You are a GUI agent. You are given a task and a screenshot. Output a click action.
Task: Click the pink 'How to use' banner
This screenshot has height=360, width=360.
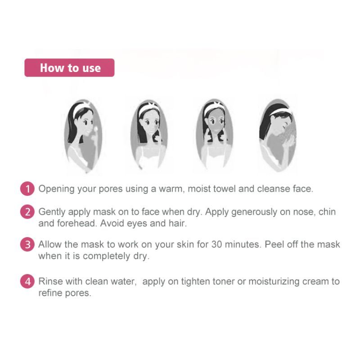[69, 67]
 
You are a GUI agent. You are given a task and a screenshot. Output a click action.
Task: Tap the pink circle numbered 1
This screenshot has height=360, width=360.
[27, 189]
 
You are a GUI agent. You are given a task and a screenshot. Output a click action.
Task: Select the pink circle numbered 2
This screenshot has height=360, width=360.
[27, 211]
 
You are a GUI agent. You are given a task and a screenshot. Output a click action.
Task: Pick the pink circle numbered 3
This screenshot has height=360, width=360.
[27, 244]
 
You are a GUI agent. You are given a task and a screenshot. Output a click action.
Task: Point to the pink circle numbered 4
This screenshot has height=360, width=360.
[27, 281]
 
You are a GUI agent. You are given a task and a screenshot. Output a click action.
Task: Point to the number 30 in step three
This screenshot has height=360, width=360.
[217, 244]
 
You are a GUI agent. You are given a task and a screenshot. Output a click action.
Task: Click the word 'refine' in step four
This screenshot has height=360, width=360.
[51, 293]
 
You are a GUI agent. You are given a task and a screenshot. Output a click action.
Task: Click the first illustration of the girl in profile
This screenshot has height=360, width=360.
[83, 136]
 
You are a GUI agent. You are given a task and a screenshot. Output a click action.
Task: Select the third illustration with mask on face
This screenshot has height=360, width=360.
[215, 135]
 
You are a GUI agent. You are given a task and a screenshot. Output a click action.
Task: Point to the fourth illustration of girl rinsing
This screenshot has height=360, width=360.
[278, 135]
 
